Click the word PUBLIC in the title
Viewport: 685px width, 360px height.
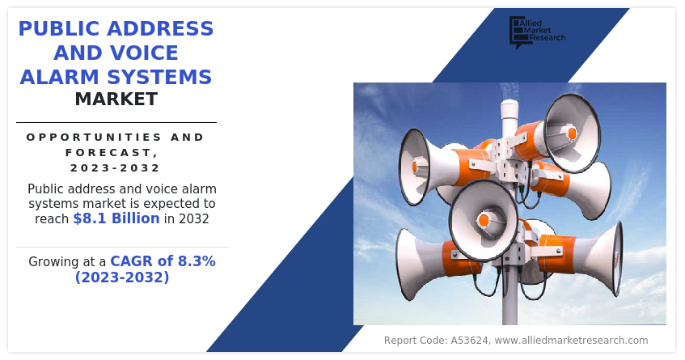59,29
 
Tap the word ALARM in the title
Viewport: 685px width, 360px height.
61,77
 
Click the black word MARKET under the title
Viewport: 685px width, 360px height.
116,100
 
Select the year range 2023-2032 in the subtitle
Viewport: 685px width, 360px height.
116,167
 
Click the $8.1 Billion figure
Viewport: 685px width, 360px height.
116,218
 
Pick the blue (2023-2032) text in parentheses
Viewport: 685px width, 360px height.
122,277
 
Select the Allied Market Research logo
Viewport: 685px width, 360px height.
537,32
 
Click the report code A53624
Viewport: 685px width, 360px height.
470,341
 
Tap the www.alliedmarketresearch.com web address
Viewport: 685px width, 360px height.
571,341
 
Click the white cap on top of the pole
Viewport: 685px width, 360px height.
509,108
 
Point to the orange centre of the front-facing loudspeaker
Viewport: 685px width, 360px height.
483,220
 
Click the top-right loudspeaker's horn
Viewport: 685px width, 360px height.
572,133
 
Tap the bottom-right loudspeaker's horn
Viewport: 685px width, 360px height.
607,258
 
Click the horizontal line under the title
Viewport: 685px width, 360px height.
116,122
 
